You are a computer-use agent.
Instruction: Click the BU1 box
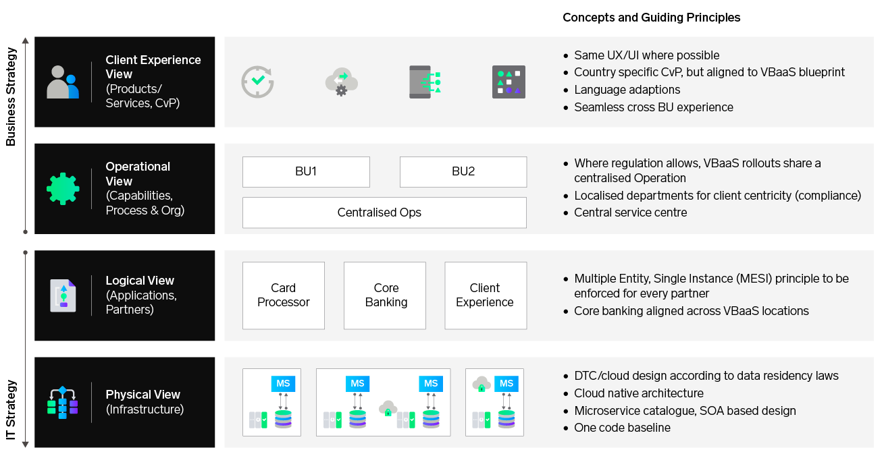(x=306, y=171)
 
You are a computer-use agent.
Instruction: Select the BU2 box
(x=463, y=171)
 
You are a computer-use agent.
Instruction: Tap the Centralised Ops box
(x=384, y=212)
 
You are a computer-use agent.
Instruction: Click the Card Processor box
(x=284, y=295)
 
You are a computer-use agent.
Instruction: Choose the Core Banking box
(x=385, y=295)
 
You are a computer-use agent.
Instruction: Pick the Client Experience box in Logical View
(x=485, y=295)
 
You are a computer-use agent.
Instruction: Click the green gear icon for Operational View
(x=63, y=189)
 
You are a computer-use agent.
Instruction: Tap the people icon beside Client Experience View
(x=62, y=82)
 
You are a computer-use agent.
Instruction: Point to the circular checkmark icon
(x=257, y=82)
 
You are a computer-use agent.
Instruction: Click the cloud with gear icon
(x=341, y=82)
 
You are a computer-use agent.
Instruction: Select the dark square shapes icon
(x=509, y=82)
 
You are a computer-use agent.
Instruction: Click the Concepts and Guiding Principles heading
(x=651, y=18)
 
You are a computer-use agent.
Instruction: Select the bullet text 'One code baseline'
(x=622, y=428)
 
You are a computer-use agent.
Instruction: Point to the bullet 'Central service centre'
(x=630, y=212)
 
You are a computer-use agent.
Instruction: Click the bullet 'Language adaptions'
(x=627, y=90)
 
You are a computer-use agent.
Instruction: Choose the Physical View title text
(x=143, y=395)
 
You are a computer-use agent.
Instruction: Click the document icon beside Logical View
(x=63, y=295)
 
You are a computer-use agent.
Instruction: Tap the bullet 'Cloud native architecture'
(x=638, y=393)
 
